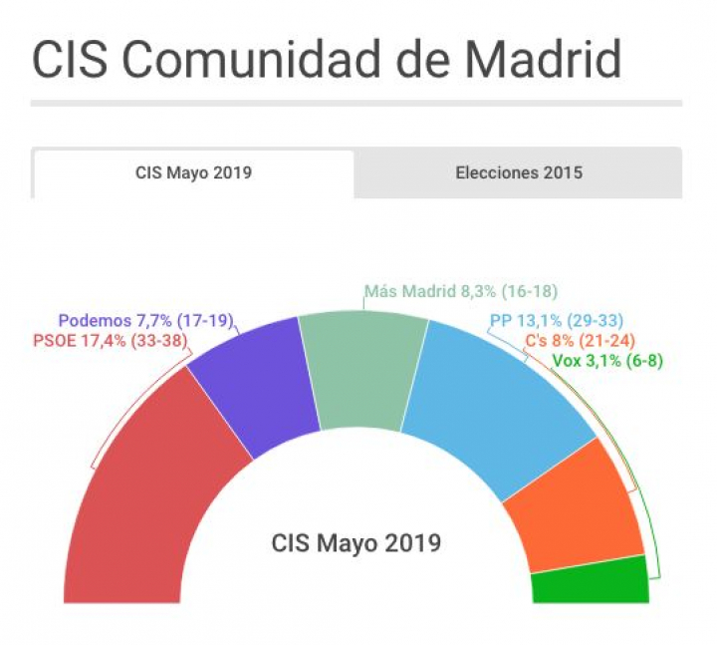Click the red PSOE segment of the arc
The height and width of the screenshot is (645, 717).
(x=149, y=488)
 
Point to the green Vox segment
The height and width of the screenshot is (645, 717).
(x=591, y=581)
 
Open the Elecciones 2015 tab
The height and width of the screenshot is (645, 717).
(x=519, y=172)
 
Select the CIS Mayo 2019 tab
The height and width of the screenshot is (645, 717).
(x=193, y=172)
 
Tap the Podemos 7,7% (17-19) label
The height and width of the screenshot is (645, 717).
(x=144, y=321)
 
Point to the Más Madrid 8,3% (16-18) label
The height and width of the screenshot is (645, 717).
(x=459, y=292)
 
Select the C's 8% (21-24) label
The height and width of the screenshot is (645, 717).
(x=587, y=341)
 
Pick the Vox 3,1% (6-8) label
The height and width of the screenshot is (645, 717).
(x=606, y=361)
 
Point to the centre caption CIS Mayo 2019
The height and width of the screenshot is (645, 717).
(x=356, y=543)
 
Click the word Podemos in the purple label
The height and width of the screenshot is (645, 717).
(x=95, y=321)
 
